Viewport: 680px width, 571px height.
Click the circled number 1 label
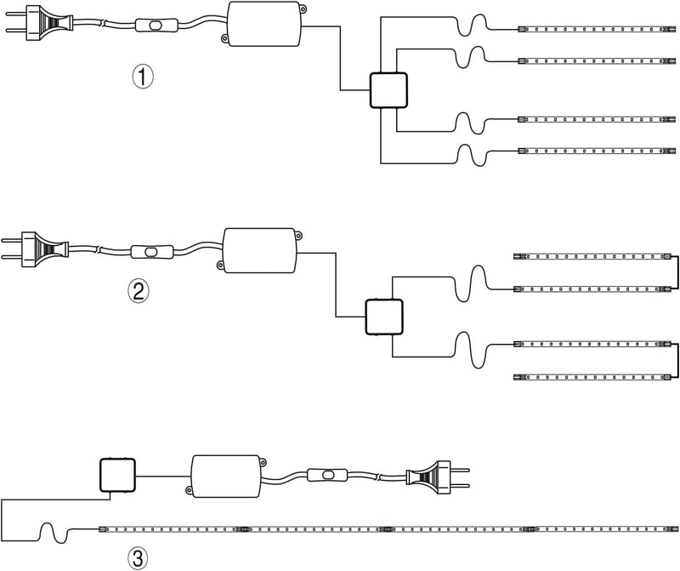click(x=143, y=77)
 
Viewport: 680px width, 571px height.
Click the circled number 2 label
click(x=139, y=291)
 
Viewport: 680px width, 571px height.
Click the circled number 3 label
click(x=138, y=557)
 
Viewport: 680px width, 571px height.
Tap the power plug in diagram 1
click(x=39, y=22)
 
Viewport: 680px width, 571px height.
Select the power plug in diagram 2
click(x=35, y=249)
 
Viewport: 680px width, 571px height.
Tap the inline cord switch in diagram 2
click(x=152, y=252)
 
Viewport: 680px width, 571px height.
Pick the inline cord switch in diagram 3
click(x=327, y=475)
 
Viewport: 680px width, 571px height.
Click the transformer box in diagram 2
click(x=260, y=250)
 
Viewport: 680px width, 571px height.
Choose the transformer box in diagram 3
click(x=226, y=477)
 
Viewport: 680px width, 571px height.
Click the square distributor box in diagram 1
click(x=388, y=90)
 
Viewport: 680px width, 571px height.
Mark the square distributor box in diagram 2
click(x=384, y=317)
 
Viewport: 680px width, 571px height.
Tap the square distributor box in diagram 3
click(x=117, y=475)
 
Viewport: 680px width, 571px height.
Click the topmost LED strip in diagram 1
click(x=597, y=29)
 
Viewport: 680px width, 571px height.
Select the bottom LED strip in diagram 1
click(x=597, y=151)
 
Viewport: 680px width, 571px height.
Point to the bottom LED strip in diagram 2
click(x=592, y=377)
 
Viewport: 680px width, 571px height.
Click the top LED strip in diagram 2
click(x=592, y=257)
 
